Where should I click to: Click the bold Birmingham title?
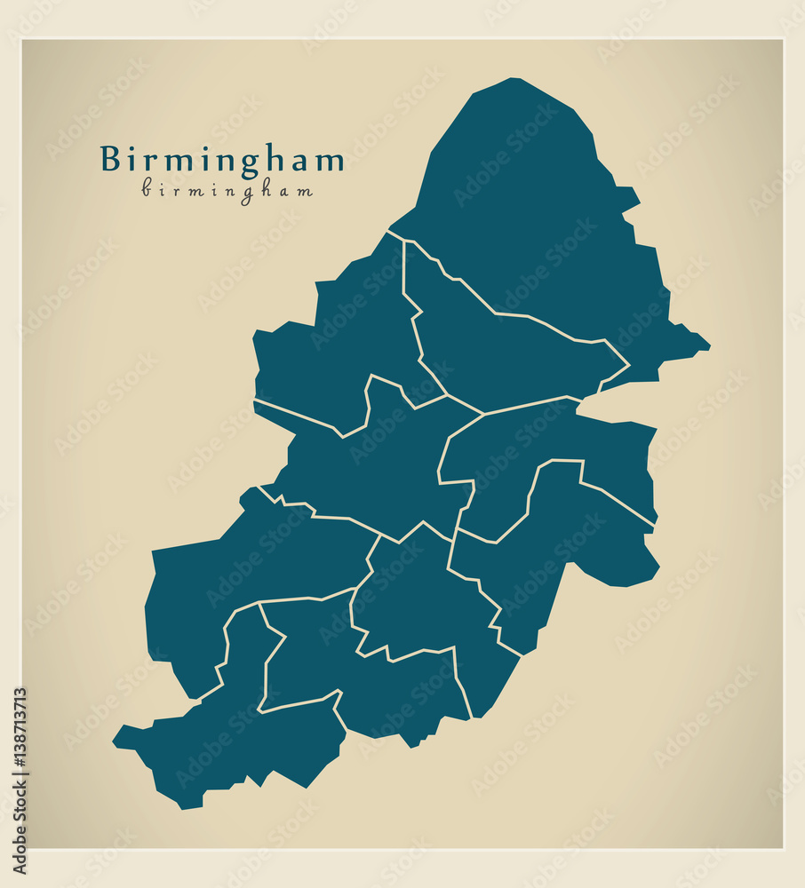click(x=222, y=160)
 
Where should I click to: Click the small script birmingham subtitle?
click(x=227, y=190)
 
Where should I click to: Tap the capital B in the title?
click(x=110, y=159)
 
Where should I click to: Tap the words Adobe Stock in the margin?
click(x=19, y=833)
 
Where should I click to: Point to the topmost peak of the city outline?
click(x=513, y=79)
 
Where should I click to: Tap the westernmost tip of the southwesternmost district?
click(x=115, y=738)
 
